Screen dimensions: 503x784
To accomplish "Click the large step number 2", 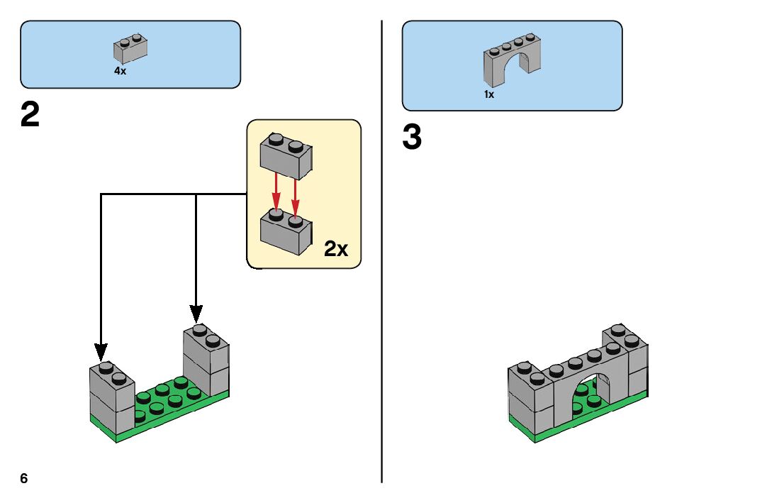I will click(30, 116).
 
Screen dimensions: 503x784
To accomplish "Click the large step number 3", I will click(412, 138).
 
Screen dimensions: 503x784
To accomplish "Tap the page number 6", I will click(24, 478).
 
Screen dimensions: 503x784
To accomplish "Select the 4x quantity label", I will click(120, 71).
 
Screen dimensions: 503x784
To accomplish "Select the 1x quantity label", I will click(489, 94).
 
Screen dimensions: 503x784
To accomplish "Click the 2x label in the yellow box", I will click(336, 249).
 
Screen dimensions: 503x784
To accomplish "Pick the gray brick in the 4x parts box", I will click(130, 48).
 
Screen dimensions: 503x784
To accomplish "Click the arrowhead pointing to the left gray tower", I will click(101, 351).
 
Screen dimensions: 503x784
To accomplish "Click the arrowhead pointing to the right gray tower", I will click(196, 313).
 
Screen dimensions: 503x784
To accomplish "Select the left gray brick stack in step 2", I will click(112, 399).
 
